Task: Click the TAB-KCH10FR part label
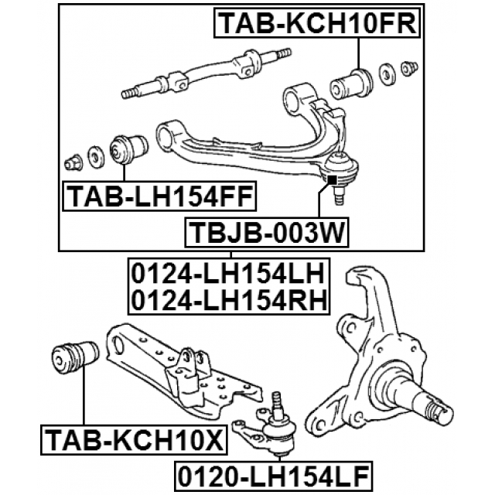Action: pos(318,24)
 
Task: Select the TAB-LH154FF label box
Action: pos(160,196)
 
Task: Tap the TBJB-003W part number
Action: pos(267,233)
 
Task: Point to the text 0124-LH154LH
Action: pos(229,273)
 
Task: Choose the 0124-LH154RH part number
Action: pos(229,300)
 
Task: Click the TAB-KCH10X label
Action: pos(134,440)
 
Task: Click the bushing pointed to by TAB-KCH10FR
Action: pos(351,84)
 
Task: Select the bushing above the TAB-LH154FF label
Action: pos(129,148)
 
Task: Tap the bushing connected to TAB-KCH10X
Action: pos(75,358)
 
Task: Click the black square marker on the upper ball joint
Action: pos(332,179)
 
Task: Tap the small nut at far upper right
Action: pos(409,69)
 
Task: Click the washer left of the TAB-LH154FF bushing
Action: pos(95,157)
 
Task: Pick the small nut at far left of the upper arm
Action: pos(73,162)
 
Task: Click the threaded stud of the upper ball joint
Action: pos(339,196)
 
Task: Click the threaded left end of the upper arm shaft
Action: pos(129,93)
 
